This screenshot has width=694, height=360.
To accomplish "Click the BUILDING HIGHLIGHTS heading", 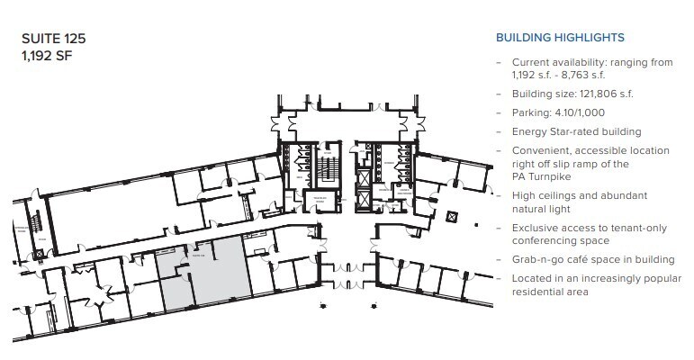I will [x=560, y=38].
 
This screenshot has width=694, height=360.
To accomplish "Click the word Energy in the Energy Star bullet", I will [x=529, y=131].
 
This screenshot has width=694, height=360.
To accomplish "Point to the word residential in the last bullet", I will [x=544, y=292].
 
